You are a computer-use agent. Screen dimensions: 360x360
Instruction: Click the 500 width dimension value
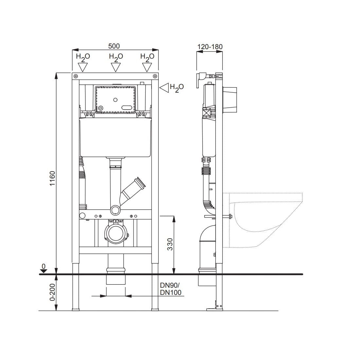[114, 46]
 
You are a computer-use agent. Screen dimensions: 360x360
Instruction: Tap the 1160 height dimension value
[53, 178]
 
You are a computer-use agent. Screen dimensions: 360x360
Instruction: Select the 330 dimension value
[170, 244]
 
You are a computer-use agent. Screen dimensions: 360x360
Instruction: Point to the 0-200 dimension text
[53, 292]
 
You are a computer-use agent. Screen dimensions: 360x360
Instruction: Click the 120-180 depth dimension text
[210, 47]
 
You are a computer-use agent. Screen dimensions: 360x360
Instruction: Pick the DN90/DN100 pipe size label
[171, 289]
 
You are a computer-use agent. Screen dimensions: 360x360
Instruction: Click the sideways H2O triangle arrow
[164, 88]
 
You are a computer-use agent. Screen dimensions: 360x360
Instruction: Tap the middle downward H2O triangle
[116, 67]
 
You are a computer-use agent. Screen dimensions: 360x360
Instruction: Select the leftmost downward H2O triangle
[83, 67]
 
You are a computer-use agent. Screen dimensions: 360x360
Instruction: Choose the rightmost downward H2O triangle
[147, 67]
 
